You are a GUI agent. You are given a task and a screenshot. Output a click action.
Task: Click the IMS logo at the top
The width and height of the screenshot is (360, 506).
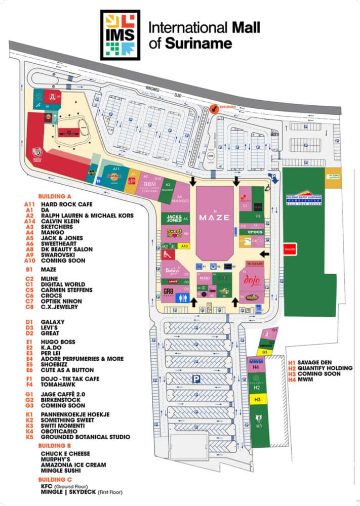click(x=120, y=35)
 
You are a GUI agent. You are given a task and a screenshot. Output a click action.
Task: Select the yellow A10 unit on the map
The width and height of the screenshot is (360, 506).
click(x=184, y=246)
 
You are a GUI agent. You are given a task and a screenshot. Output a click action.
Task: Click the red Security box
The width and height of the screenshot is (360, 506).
click(x=290, y=249)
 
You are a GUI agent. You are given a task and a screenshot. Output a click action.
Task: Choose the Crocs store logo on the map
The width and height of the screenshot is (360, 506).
click(x=255, y=231)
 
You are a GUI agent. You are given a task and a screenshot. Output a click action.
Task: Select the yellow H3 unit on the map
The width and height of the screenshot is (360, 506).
click(x=258, y=400)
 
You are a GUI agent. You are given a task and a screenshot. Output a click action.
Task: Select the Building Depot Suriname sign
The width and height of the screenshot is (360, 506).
click(x=304, y=199)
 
